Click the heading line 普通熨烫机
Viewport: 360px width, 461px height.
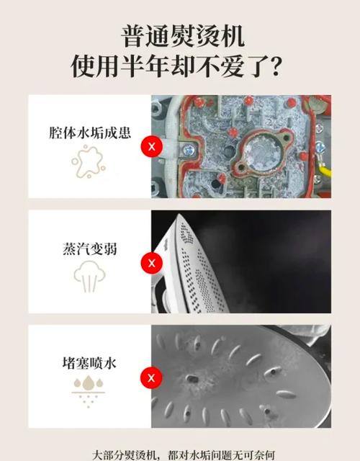click(183, 36)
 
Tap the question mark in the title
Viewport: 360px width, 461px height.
click(275, 66)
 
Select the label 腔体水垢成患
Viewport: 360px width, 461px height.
click(90, 133)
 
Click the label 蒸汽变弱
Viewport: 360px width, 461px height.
click(90, 249)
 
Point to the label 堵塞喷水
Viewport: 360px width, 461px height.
click(89, 363)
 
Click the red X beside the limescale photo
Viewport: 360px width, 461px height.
click(152, 146)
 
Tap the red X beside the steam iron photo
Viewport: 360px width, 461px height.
click(152, 263)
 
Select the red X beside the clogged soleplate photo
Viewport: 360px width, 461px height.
click(151, 377)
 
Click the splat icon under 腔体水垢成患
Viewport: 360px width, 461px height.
click(89, 161)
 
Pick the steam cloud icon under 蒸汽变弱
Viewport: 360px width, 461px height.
click(89, 277)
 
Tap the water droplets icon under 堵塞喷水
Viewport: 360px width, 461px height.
click(89, 393)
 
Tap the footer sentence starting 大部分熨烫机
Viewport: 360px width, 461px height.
click(184, 455)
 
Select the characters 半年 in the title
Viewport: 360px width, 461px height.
click(145, 66)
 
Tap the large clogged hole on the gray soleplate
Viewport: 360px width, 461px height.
click(192, 379)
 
